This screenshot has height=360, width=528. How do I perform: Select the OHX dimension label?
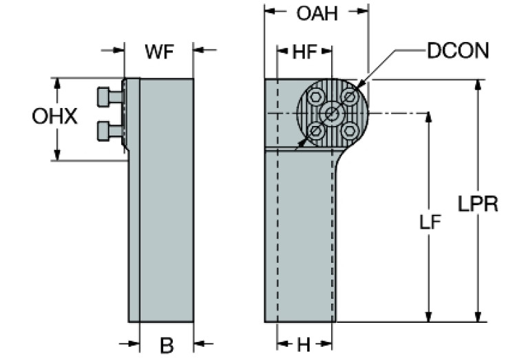click(54, 116)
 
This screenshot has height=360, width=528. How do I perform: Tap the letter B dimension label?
click(167, 345)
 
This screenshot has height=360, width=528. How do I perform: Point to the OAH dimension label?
click(317, 12)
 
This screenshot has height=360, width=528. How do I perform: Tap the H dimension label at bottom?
click(304, 345)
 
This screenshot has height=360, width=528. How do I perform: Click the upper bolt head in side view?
click(105, 97)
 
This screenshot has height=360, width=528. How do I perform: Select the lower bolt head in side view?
click(105, 129)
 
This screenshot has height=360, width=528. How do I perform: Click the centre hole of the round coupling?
click(332, 114)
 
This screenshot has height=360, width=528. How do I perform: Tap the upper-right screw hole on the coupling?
click(349, 97)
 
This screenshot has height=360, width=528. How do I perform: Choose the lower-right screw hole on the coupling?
click(349, 130)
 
